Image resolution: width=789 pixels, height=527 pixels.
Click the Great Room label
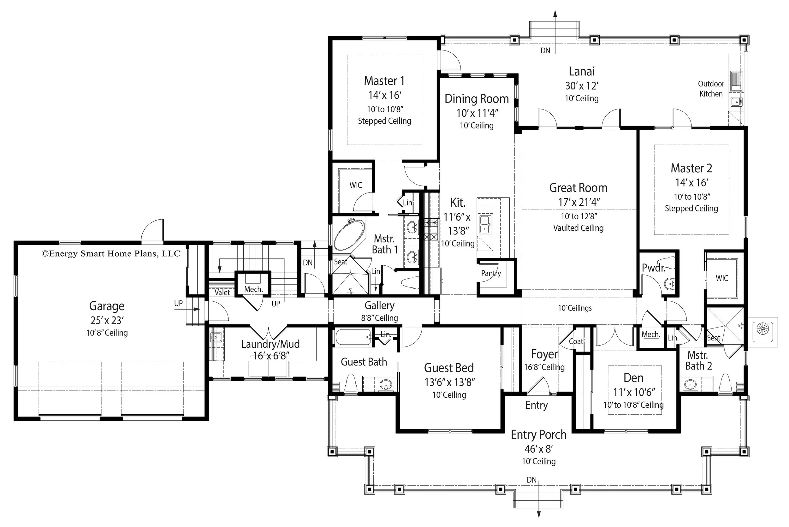tap(578, 188)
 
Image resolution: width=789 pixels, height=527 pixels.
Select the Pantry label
tap(491, 273)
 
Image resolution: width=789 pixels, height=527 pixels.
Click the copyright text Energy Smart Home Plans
tap(110, 254)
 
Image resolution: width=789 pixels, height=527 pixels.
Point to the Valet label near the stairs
tap(222, 293)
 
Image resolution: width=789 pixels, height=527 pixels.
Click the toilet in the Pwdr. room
tap(666, 263)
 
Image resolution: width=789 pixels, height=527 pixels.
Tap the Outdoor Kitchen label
tap(711, 89)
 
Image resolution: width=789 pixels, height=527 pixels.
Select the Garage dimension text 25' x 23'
tap(107, 320)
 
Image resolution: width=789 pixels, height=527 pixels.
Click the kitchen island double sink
tap(484, 224)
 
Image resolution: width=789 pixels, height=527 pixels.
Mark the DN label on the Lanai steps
tap(545, 51)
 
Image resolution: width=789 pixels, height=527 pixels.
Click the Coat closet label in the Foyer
tap(576, 341)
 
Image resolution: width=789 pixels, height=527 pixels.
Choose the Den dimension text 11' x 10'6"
tap(633, 392)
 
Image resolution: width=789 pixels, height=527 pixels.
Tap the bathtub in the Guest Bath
tap(353, 337)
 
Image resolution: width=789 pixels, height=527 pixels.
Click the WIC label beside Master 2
tap(722, 278)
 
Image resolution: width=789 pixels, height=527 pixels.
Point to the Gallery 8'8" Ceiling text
tap(379, 318)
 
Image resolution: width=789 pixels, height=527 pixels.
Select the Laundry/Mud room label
tap(270, 344)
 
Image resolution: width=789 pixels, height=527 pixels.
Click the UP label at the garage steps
tap(178, 304)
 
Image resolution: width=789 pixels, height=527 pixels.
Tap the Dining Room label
tap(477, 99)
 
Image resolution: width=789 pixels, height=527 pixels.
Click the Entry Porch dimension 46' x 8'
tap(538, 449)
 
